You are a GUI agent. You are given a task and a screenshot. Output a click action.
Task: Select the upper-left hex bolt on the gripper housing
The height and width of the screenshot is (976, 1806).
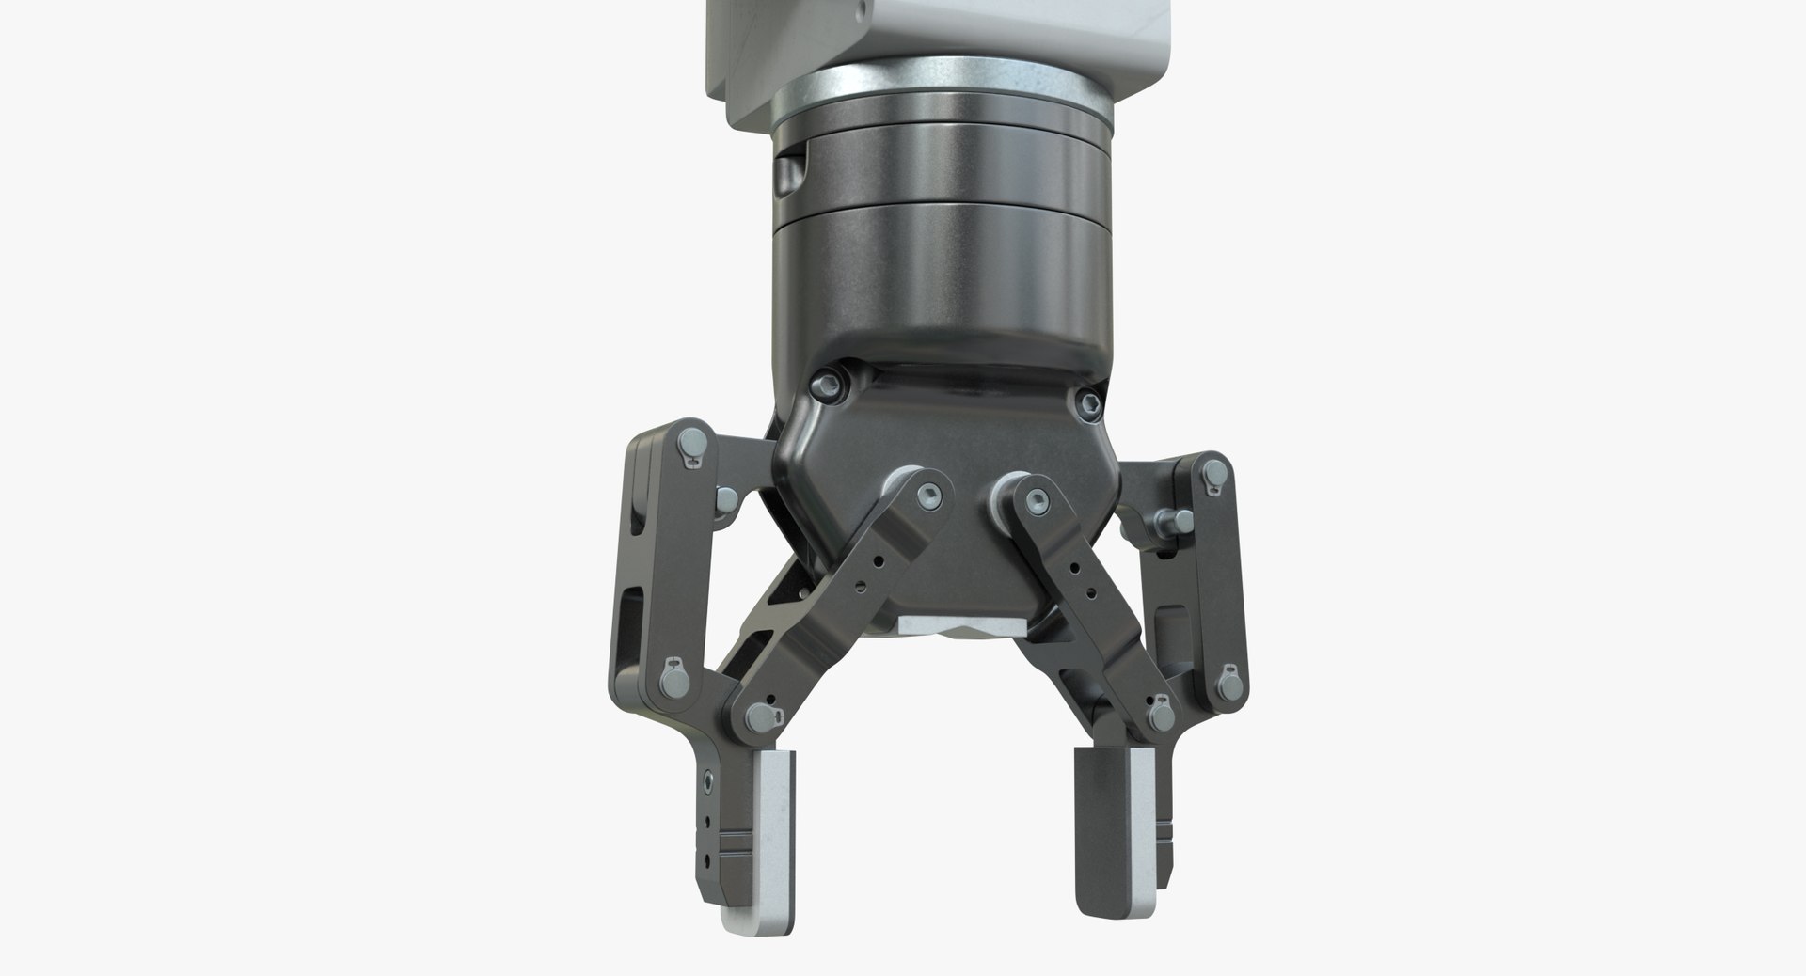[x=829, y=382]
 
